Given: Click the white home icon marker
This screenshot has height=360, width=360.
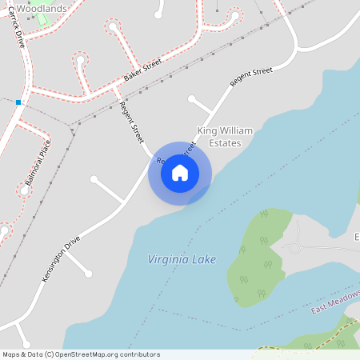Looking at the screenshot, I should (180, 173).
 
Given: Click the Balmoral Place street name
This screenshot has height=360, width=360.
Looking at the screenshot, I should (38, 162).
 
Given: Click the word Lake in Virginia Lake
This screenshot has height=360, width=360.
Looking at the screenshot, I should (203, 259).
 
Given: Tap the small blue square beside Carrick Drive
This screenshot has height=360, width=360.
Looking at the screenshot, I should (18, 102).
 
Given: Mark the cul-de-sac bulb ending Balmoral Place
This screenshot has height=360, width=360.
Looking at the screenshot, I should (22, 190).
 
